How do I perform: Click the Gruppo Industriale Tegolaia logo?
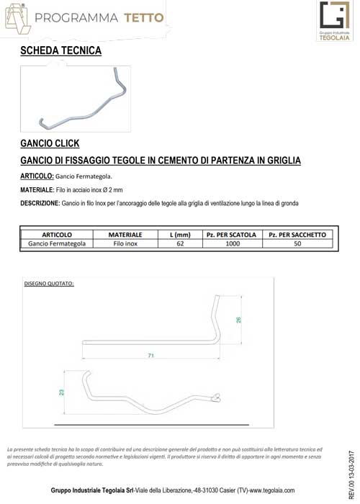[x=335, y=22]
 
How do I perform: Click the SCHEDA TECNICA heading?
[x=61, y=50]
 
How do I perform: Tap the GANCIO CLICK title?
[x=50, y=143]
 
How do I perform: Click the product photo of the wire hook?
[x=76, y=99]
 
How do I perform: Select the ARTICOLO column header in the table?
[x=57, y=235]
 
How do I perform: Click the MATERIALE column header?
[x=125, y=235]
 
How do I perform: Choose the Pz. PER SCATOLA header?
[x=231, y=235]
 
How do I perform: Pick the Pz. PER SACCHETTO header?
[x=297, y=235]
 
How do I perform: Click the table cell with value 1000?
[x=232, y=244]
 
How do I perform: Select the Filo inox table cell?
[x=125, y=244]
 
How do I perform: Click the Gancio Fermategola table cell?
[x=57, y=244]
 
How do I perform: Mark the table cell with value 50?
[x=297, y=244]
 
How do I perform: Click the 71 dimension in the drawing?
[x=150, y=356]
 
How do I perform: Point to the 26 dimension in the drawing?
[x=238, y=320]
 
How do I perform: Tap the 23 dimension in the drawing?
[x=62, y=392]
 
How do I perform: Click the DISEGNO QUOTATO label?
[x=49, y=283]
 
